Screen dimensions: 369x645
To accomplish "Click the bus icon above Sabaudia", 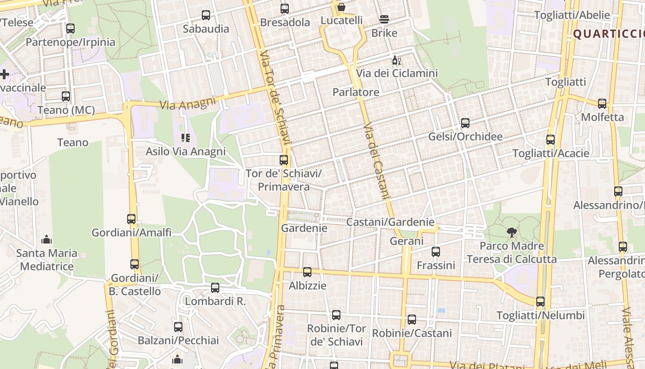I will (206, 15).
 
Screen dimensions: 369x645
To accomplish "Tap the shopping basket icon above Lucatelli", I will (341, 7).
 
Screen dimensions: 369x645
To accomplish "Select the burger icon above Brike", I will (384, 19).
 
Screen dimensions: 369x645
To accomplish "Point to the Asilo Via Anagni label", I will (186, 151).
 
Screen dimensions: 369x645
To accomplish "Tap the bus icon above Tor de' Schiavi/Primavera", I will (284, 160).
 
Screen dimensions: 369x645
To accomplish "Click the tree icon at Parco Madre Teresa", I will (511, 232).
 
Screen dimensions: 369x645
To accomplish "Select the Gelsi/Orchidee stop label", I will (465, 137).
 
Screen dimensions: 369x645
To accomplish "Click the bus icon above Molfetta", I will (602, 104).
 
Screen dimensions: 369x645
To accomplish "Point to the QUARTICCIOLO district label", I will (608, 34).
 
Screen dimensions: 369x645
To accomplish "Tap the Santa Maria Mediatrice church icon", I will (47, 239).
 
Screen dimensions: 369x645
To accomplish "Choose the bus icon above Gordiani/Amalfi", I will (131, 219).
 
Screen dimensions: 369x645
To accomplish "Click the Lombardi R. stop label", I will (215, 302).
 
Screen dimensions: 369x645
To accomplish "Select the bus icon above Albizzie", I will (307, 272).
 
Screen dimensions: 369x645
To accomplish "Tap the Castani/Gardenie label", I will (390, 222).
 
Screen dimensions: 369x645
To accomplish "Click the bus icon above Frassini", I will (436, 252).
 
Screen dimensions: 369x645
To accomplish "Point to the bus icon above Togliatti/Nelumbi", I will (540, 302).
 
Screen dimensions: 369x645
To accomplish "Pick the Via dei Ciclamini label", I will (397, 73).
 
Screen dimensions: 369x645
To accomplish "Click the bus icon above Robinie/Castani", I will (412, 320).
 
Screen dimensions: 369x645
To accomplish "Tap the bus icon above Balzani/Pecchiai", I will (178, 327).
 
